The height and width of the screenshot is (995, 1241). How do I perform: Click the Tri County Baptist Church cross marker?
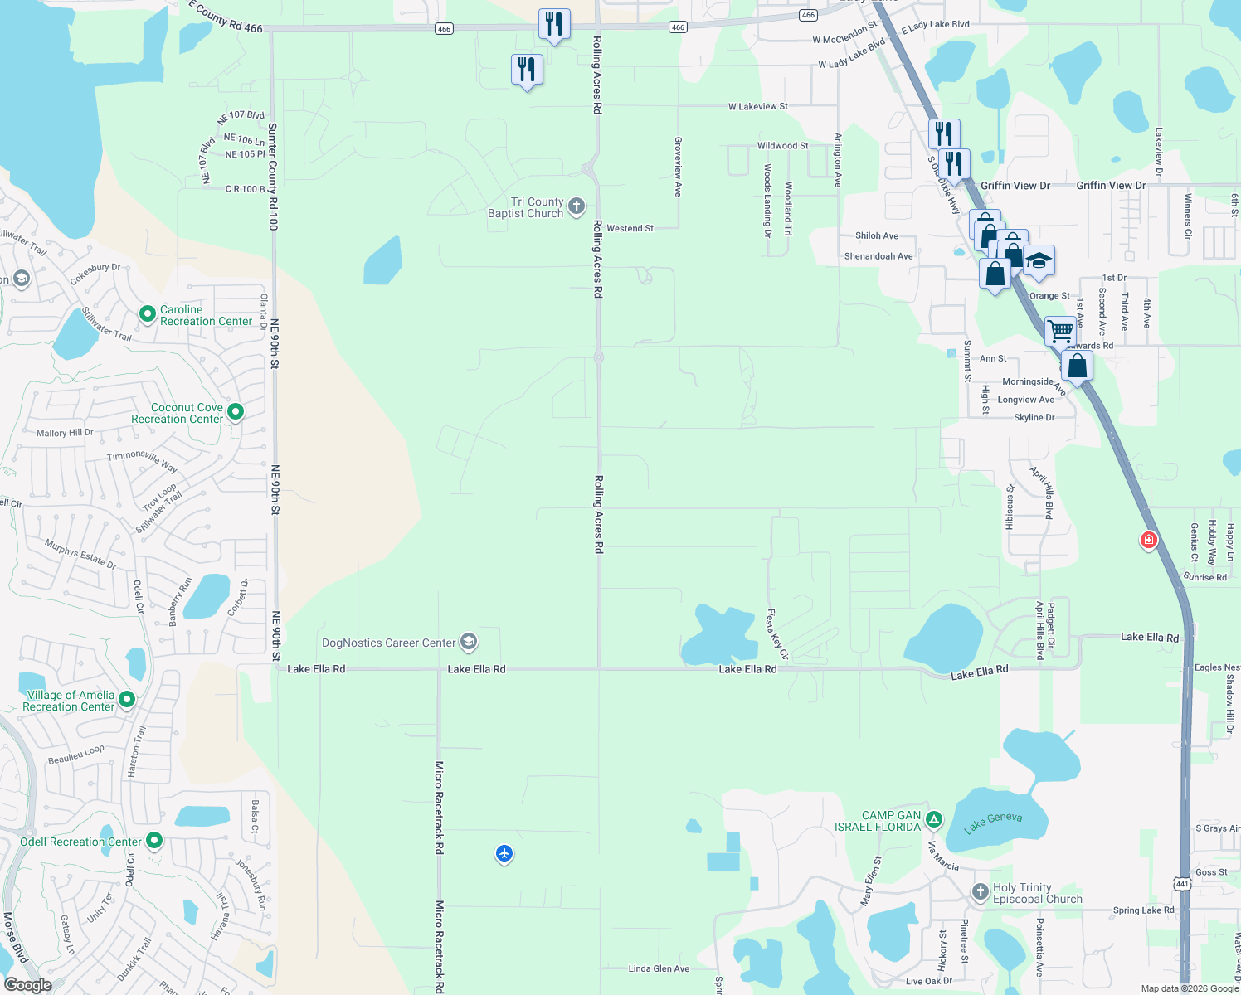pyautogui.click(x=577, y=206)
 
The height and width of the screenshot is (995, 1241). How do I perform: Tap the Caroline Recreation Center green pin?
pyautogui.click(x=148, y=314)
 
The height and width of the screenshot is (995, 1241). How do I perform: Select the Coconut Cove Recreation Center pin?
pyautogui.click(x=236, y=411)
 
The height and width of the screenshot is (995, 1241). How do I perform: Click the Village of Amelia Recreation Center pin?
pyautogui.click(x=127, y=700)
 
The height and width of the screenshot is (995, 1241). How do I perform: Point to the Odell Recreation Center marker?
pyautogui.click(x=154, y=841)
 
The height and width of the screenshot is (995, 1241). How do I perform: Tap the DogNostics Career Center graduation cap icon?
pyautogui.click(x=469, y=642)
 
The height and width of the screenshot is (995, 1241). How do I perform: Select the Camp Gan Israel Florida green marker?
pyautogui.click(x=934, y=820)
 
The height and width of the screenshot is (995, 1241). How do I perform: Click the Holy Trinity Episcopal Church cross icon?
pyautogui.click(x=980, y=892)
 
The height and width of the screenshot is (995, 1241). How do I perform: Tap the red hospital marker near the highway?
pyautogui.click(x=1149, y=541)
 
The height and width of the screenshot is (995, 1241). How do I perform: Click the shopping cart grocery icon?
pyautogui.click(x=1060, y=330)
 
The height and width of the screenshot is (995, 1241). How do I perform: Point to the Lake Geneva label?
pyautogui.click(x=993, y=822)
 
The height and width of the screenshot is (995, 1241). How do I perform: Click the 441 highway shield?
pyautogui.click(x=1183, y=884)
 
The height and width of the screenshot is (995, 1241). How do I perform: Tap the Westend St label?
pyautogui.click(x=630, y=228)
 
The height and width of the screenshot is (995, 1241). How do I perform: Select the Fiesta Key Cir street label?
pyautogui.click(x=777, y=634)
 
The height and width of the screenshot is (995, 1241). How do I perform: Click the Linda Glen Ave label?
pyautogui.click(x=659, y=968)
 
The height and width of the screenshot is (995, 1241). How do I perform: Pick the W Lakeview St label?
pyautogui.click(x=758, y=106)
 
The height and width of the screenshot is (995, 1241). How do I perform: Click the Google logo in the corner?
pyautogui.click(x=28, y=984)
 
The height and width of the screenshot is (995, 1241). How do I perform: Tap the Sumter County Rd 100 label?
pyautogui.click(x=273, y=177)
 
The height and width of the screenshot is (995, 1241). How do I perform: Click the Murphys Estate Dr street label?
pyautogui.click(x=80, y=554)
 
